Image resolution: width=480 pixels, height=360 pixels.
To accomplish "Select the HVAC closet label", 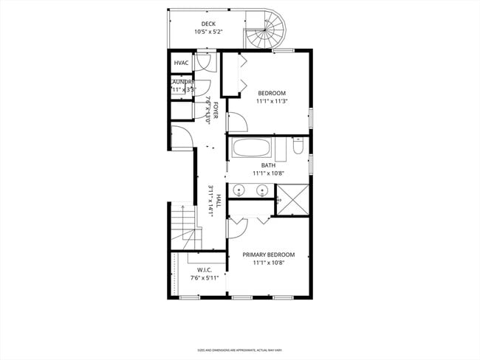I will pyautogui.click(x=182, y=63).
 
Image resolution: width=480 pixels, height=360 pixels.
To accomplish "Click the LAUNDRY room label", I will pyautogui.click(x=182, y=82).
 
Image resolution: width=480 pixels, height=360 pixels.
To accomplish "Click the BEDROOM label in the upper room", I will pyautogui.click(x=271, y=93).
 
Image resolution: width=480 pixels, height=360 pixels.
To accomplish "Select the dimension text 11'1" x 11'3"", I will pyautogui.click(x=271, y=102).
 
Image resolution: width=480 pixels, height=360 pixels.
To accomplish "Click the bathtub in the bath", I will pyautogui.click(x=253, y=148).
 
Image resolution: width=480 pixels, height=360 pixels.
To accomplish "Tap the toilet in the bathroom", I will pyautogui.click(x=298, y=148).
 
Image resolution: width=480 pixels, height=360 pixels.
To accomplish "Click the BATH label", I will pyautogui.click(x=268, y=165).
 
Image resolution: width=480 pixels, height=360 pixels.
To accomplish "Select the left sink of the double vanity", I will pyautogui.click(x=239, y=191).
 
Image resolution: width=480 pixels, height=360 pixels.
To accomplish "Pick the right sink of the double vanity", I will pyautogui.click(x=261, y=191).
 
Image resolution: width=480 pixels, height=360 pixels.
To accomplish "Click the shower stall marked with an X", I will pyautogui.click(x=292, y=199).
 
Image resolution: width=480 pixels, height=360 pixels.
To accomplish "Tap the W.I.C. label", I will pyautogui.click(x=205, y=270).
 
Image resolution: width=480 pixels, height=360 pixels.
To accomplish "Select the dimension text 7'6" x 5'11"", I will pyautogui.click(x=205, y=278).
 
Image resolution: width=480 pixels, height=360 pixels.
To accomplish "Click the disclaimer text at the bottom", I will pyautogui.click(x=240, y=350).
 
